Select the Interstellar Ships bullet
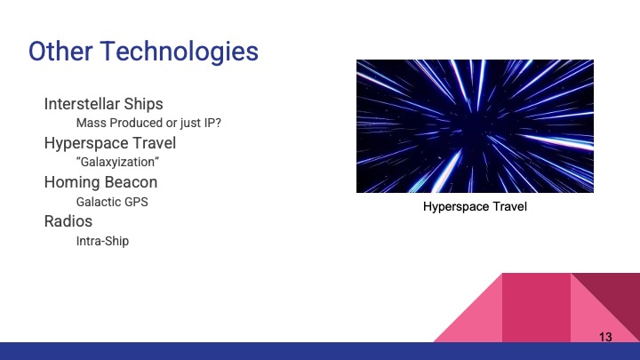click(x=103, y=104)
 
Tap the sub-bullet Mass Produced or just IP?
click(x=148, y=123)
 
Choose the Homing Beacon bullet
click(x=100, y=182)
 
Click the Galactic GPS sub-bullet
click(x=112, y=202)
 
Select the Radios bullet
click(x=68, y=221)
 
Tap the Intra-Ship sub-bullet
click(x=102, y=241)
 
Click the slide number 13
click(x=605, y=337)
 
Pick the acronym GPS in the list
click(x=136, y=202)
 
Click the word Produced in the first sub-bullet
click(x=135, y=123)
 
